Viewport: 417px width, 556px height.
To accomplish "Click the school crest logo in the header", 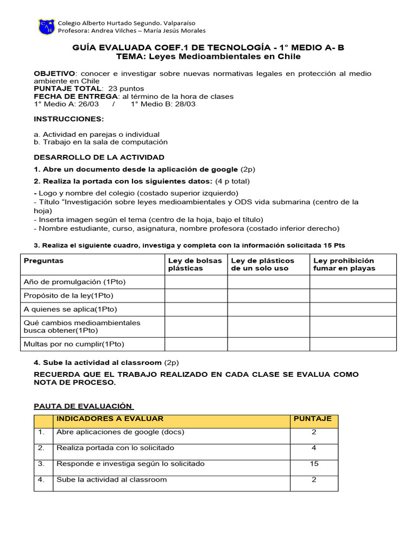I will pos(46,27).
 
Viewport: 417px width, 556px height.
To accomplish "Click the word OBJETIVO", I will pos(54,73).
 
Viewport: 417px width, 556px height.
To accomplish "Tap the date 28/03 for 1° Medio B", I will pos(185,104).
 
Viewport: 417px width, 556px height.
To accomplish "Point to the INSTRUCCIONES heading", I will pos(68,119).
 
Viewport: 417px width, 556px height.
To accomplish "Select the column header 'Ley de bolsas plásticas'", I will pos(195,264).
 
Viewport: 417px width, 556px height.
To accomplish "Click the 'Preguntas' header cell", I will pos(43,261).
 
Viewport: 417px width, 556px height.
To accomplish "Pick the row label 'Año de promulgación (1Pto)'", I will pos(70,282).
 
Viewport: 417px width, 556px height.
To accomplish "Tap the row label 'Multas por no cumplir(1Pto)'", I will pos(74,344).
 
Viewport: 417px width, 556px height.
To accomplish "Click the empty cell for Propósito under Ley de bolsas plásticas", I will pos(195,295).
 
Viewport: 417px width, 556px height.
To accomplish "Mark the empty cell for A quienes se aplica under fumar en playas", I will pos(353,309).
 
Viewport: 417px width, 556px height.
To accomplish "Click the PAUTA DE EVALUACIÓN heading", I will pos(83,406).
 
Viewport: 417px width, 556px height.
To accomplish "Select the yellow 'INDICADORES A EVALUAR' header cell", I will pos(110,419).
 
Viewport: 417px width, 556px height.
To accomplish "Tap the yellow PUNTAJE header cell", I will pos(313,419).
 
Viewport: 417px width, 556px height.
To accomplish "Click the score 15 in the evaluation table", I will pos(314,464).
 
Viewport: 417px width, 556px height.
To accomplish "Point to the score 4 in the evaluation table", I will pos(314,448).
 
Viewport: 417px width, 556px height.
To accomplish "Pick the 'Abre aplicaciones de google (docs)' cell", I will pos(121,432).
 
